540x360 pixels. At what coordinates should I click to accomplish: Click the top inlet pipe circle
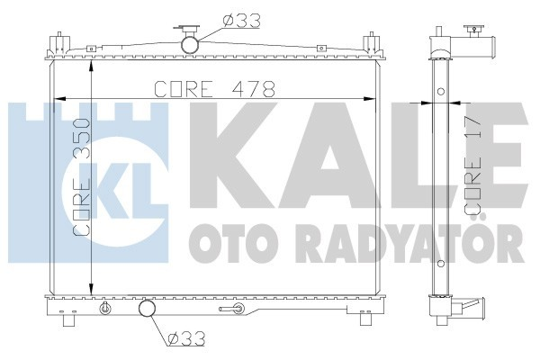[191, 43]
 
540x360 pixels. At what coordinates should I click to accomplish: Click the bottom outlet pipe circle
[146, 311]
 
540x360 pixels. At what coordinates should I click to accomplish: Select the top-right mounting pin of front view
[368, 42]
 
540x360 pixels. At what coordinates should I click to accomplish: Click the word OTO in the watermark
[220, 241]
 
